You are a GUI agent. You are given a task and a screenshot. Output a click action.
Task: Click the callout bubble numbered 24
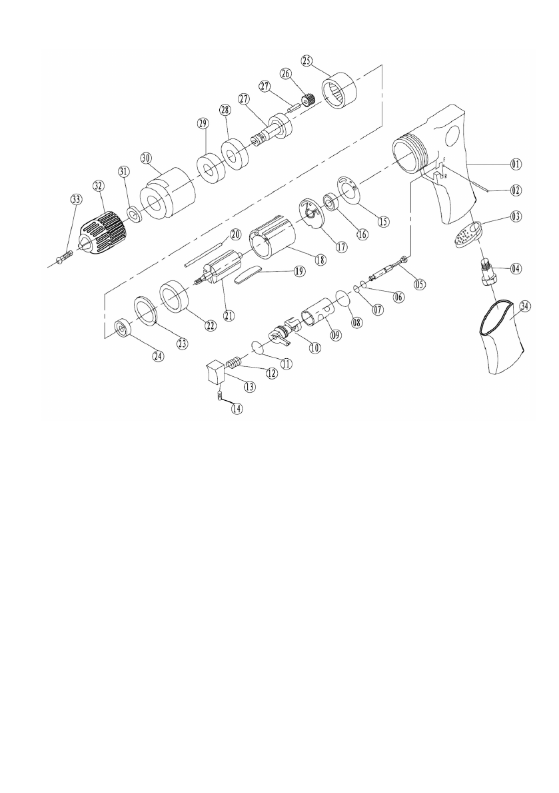(158, 356)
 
